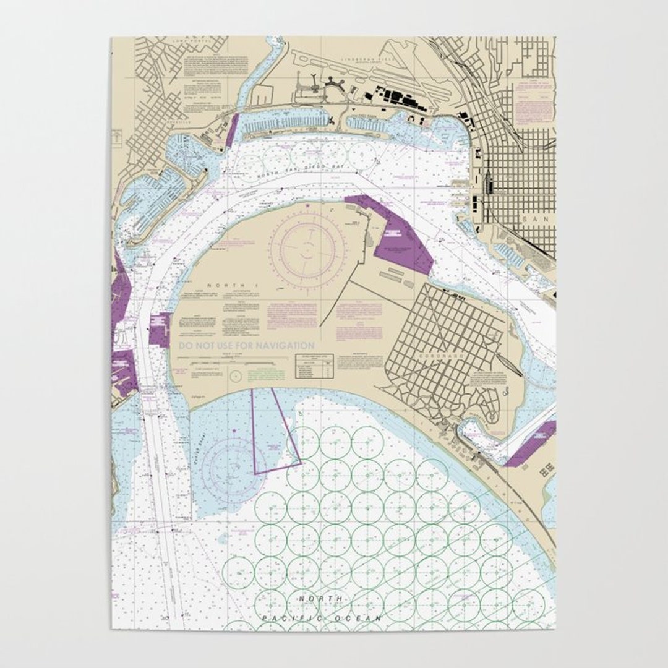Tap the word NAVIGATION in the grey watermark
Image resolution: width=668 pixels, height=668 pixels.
281,346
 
